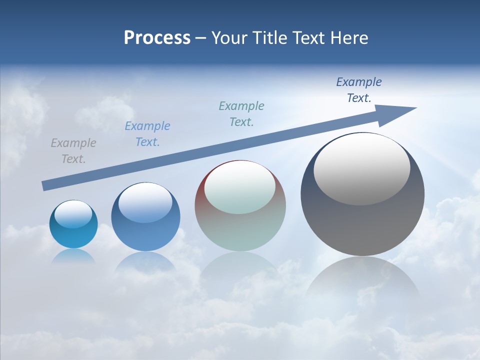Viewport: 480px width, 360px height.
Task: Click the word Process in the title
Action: pos(157,38)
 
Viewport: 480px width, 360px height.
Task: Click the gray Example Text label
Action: pos(73,151)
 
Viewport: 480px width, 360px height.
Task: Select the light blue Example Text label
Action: pos(147,134)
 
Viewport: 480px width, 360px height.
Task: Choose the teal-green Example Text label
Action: pos(241,113)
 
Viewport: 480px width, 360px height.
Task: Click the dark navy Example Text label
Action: pos(359,90)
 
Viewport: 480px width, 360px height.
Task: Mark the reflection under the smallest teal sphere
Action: pos(73,255)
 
